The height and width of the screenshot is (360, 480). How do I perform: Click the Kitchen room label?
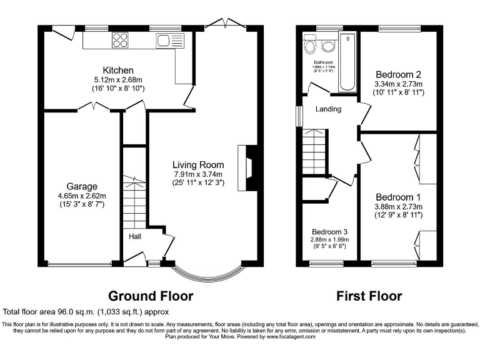coord(118,69)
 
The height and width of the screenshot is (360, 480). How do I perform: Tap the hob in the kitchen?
coord(119,41)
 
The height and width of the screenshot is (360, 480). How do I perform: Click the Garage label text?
coord(82,186)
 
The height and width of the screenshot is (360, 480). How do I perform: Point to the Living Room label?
coord(198,164)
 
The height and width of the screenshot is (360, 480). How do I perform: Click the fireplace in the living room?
coord(248,167)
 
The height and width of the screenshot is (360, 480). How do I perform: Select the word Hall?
coord(135,237)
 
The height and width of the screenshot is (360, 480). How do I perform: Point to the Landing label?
coord(328,109)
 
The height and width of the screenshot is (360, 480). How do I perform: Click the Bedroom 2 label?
coord(398,74)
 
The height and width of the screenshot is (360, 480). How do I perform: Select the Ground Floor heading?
coord(151,296)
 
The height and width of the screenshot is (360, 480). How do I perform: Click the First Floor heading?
coord(369,296)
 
